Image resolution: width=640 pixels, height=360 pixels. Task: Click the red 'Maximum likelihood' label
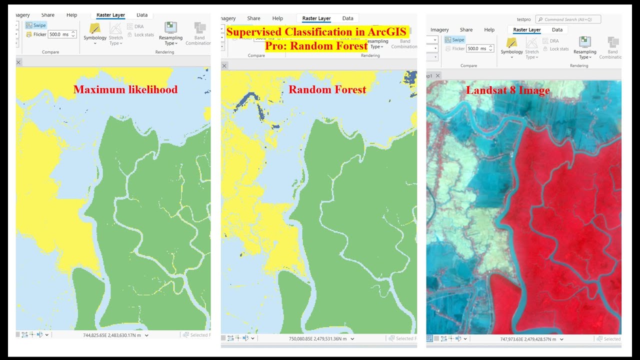(x=125, y=90)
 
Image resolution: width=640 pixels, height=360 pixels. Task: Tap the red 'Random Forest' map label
(x=327, y=90)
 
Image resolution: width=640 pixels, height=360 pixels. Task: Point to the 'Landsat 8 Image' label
(x=507, y=90)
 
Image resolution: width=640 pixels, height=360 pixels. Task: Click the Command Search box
(x=568, y=19)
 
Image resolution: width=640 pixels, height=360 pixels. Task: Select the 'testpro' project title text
(x=523, y=19)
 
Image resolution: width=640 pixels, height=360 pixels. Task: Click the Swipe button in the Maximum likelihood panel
(x=36, y=25)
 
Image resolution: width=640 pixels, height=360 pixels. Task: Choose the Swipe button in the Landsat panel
(x=454, y=40)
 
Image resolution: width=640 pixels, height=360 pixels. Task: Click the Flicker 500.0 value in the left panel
(x=59, y=34)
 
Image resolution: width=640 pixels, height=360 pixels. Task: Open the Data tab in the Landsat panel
(x=557, y=30)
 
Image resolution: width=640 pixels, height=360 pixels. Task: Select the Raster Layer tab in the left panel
(x=111, y=15)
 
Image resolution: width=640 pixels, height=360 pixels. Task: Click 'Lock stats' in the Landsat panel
(x=559, y=49)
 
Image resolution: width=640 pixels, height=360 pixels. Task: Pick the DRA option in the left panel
(x=138, y=26)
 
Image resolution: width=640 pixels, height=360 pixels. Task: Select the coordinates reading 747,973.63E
(x=528, y=339)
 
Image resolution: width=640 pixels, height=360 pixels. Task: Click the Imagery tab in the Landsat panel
(x=439, y=30)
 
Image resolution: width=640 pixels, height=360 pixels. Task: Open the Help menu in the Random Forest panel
(x=277, y=18)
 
